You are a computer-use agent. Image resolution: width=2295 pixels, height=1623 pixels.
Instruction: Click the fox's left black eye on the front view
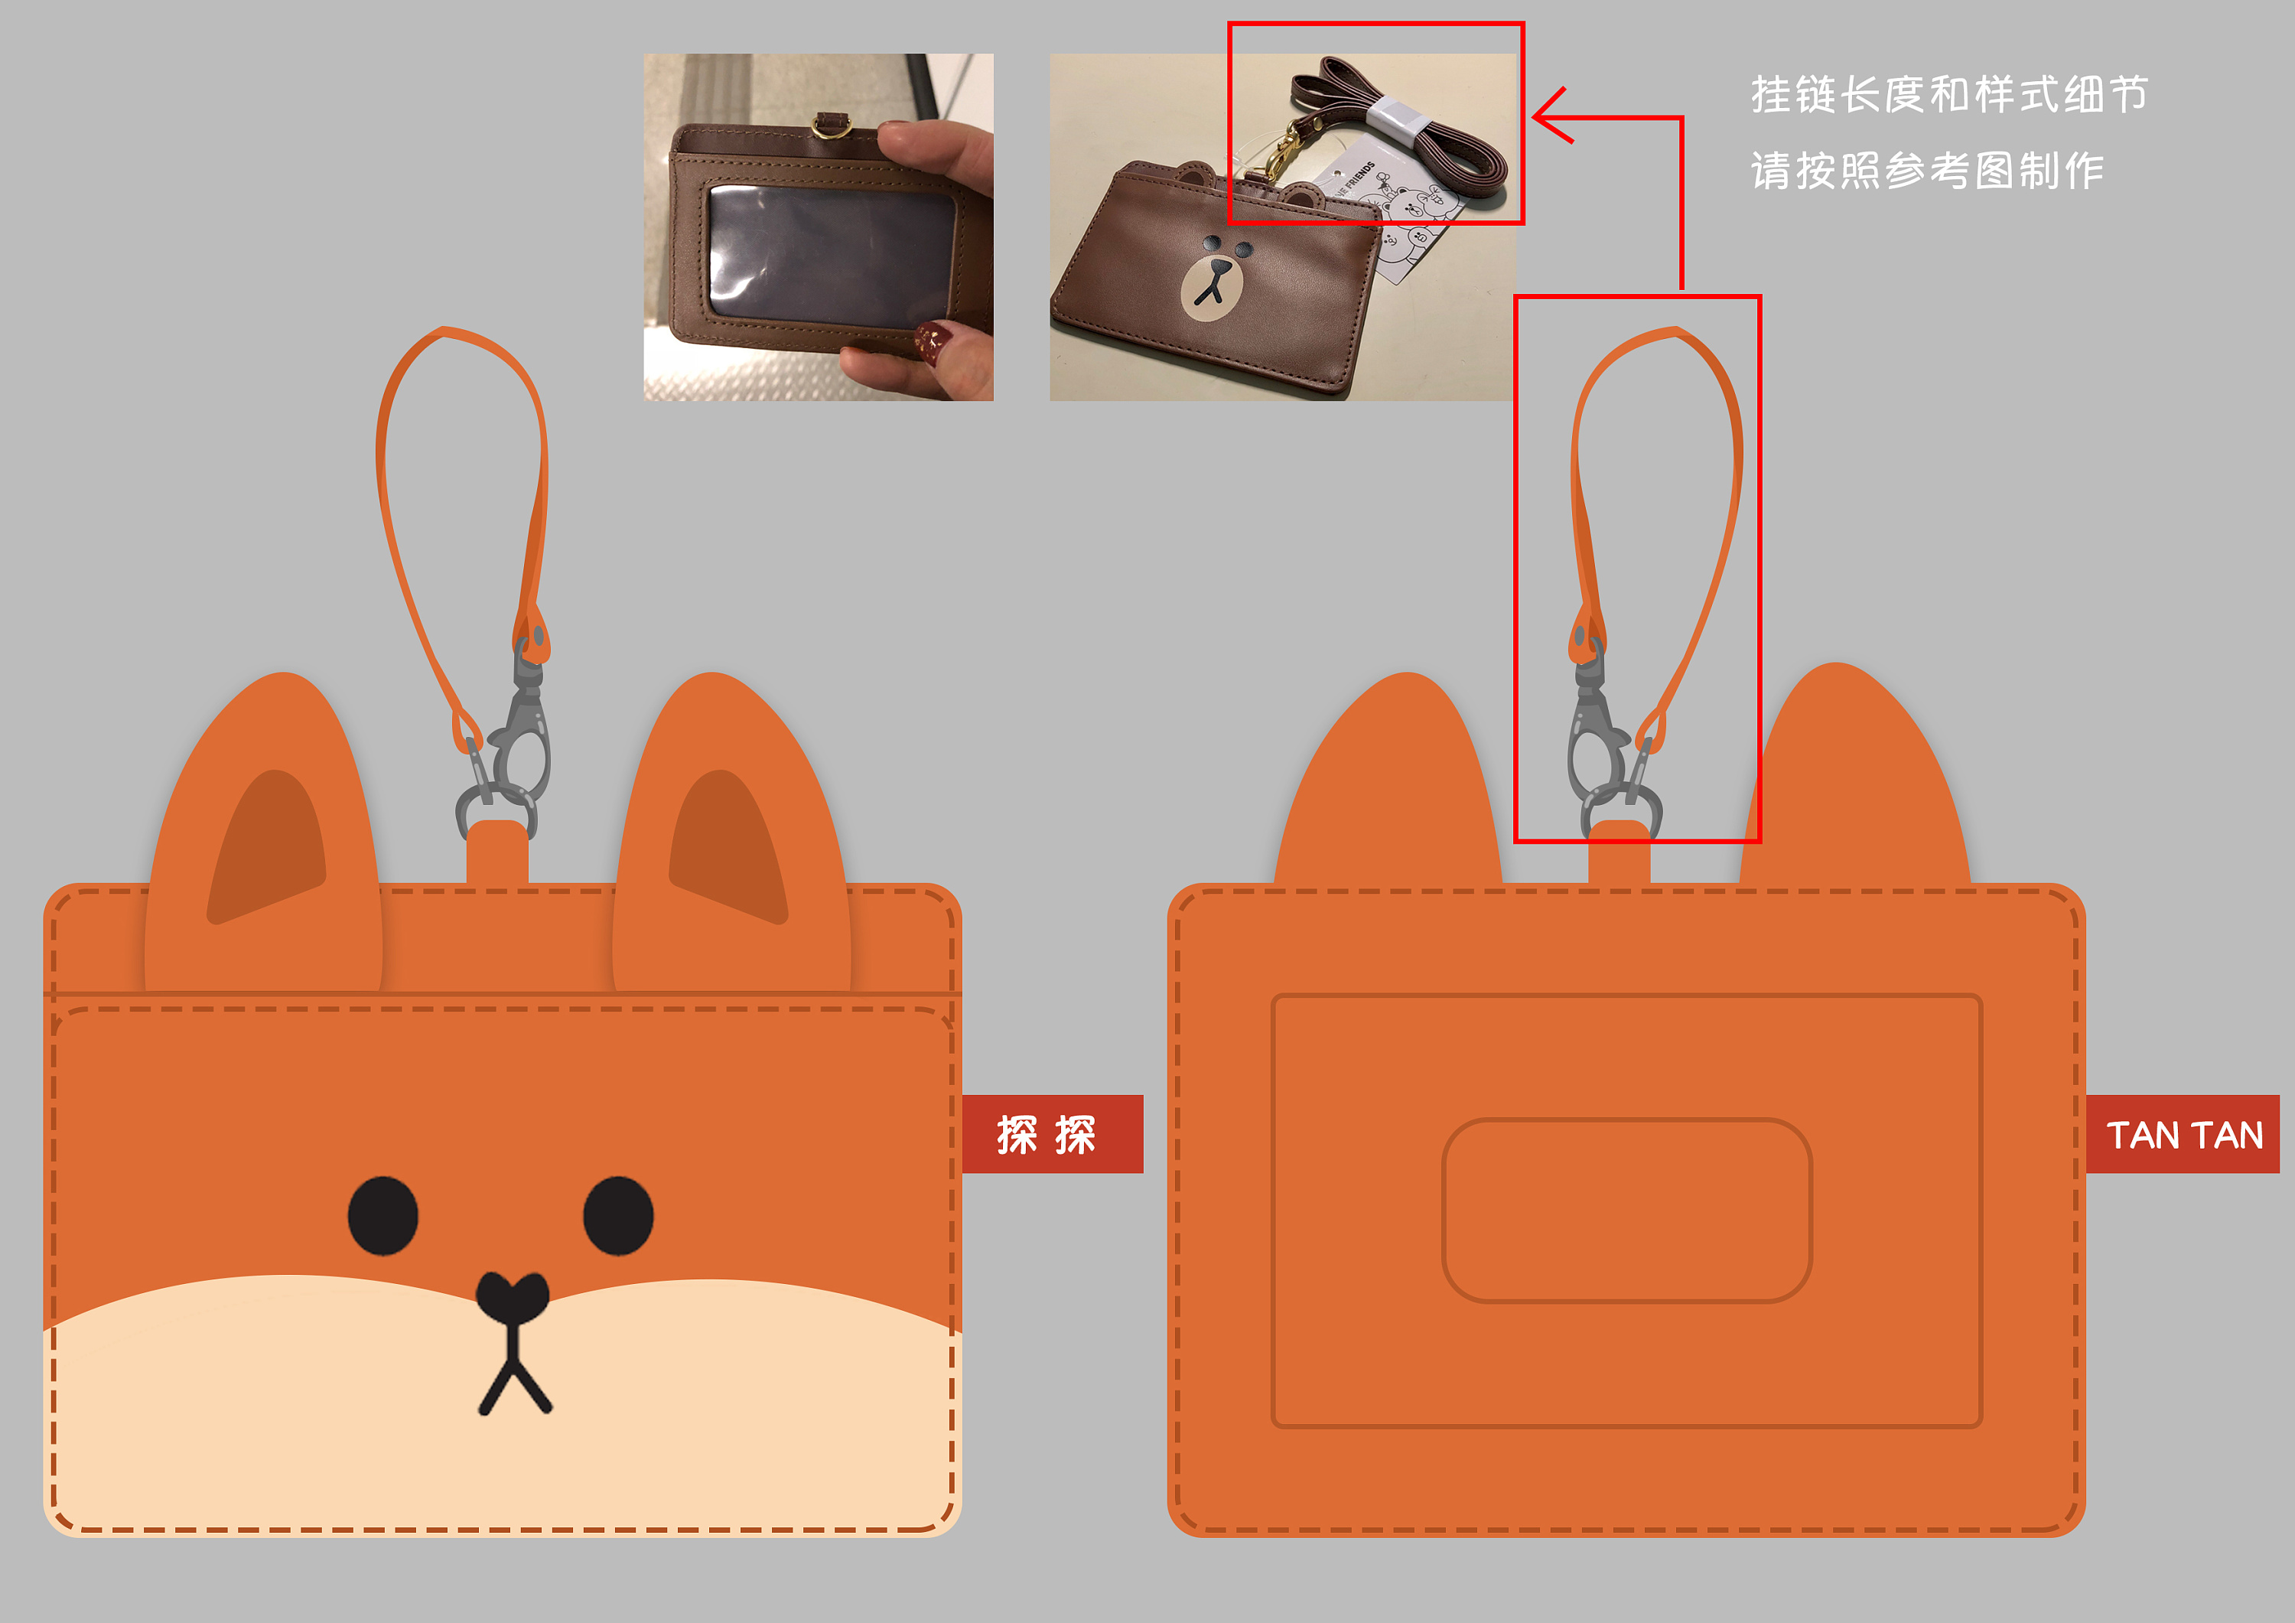coord(382,1215)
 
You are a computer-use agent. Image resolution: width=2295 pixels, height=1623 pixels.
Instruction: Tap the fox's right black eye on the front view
coord(619,1215)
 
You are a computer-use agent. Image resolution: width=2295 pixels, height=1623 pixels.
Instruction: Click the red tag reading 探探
coord(1053,1134)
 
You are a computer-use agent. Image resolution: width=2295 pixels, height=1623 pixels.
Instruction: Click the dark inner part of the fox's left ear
coord(268,846)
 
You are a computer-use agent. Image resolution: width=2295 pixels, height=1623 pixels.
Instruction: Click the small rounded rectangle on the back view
coord(1626,1210)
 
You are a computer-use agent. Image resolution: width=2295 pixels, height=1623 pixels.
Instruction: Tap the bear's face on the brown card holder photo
coord(1216,279)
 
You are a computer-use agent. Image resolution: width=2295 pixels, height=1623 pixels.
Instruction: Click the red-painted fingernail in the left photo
coord(933,341)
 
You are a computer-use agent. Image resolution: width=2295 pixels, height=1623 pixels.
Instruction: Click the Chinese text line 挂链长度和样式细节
coord(1949,95)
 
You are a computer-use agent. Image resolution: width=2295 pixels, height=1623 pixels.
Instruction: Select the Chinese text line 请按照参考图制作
coord(1927,171)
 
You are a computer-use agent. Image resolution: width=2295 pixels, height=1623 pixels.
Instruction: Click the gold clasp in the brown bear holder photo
coord(1282,156)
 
